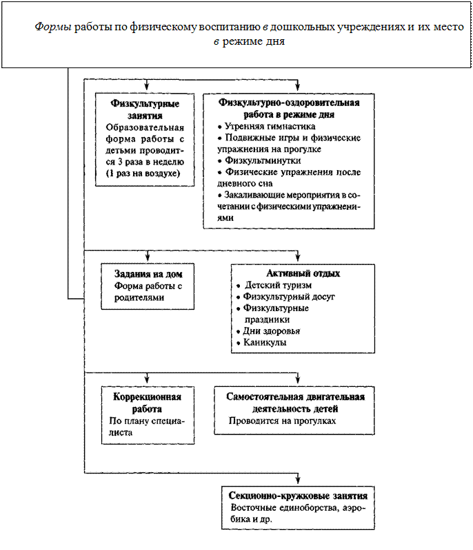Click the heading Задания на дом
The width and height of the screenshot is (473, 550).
click(145, 273)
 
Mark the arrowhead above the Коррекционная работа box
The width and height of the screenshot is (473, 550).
click(147, 381)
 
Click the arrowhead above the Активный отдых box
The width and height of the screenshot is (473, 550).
click(298, 257)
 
